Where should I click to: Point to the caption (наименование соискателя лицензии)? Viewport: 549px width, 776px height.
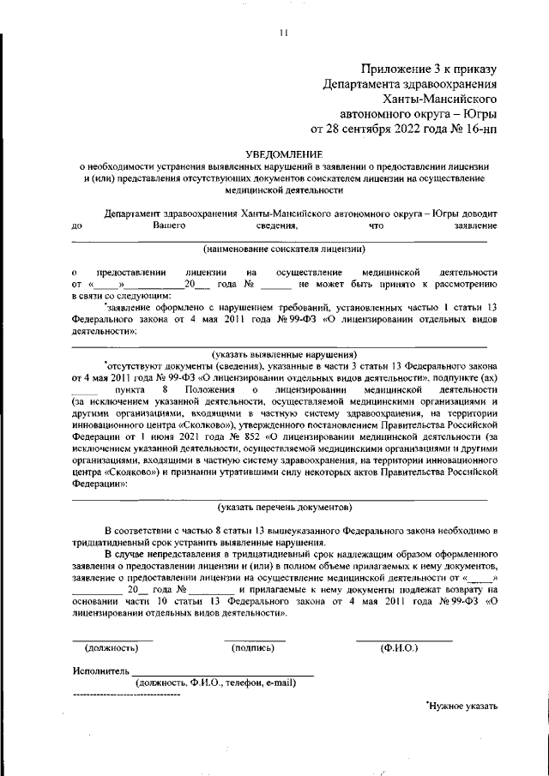click(x=284, y=250)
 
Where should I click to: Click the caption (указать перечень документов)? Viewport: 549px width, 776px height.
click(x=284, y=507)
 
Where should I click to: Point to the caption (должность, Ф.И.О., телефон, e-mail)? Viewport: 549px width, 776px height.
click(x=215, y=683)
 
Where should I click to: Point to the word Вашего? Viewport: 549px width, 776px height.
click(x=170, y=226)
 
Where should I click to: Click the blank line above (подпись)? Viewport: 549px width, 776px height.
click(x=255, y=639)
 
